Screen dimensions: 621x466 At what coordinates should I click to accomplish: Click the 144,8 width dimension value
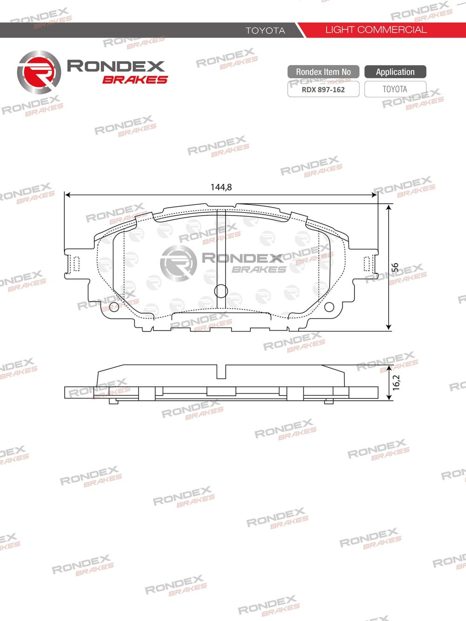coord(221,187)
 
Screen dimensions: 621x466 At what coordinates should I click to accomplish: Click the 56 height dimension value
coord(395,268)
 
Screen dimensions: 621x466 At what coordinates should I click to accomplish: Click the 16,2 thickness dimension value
coord(396,382)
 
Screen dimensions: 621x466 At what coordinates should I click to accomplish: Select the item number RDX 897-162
coord(323,89)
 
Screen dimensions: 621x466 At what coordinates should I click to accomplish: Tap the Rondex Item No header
coord(323,72)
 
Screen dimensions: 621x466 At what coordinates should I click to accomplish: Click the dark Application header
coord(395,72)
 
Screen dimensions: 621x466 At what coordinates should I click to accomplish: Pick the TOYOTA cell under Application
coord(395,89)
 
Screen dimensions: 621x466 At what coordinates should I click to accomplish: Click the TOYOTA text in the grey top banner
coord(265,30)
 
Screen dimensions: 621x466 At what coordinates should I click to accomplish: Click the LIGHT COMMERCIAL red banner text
coord(376,30)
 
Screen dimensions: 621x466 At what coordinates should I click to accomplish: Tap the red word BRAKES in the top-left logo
coord(135,80)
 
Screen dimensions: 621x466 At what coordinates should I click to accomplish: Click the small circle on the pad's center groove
coord(221,291)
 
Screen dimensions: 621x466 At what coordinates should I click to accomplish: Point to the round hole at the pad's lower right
coord(329,307)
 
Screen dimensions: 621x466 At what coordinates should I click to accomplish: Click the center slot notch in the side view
coord(221,371)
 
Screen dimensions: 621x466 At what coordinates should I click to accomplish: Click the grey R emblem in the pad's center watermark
coord(178,263)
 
